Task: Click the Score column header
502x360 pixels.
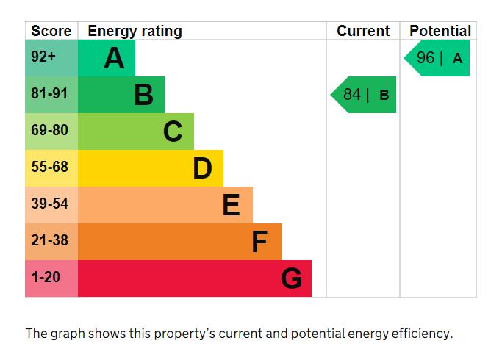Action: click(x=51, y=31)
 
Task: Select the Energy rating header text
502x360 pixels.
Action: click(x=135, y=32)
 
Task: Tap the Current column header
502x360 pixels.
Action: click(x=363, y=31)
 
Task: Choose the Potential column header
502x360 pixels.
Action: click(x=440, y=31)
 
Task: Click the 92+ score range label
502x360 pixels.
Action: click(x=43, y=57)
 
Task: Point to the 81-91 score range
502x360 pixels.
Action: click(x=49, y=93)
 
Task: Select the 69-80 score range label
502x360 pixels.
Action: click(x=50, y=130)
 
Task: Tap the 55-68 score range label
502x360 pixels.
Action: click(x=50, y=167)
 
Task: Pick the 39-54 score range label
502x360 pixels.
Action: click(x=50, y=204)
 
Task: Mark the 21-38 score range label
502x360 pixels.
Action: click(x=50, y=240)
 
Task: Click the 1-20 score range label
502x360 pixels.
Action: click(x=46, y=277)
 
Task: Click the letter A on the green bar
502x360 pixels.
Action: click(x=114, y=58)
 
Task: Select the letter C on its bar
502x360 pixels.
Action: click(x=173, y=132)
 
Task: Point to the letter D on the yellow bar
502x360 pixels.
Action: click(x=202, y=168)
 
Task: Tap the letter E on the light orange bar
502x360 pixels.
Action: click(x=231, y=205)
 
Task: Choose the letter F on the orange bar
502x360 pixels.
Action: click(x=259, y=242)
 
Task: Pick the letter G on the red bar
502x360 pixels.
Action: click(x=291, y=278)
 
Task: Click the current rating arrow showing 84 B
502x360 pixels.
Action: click(x=363, y=95)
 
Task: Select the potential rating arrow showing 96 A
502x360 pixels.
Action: click(x=437, y=58)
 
